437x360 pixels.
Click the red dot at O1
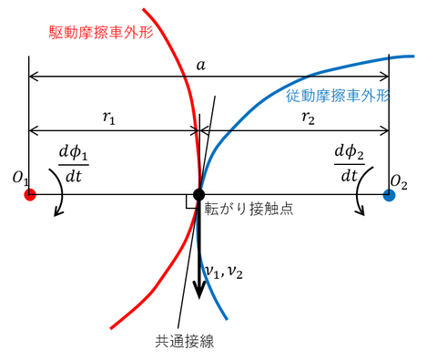29,195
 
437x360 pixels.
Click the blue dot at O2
390,195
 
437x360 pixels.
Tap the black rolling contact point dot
198,195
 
